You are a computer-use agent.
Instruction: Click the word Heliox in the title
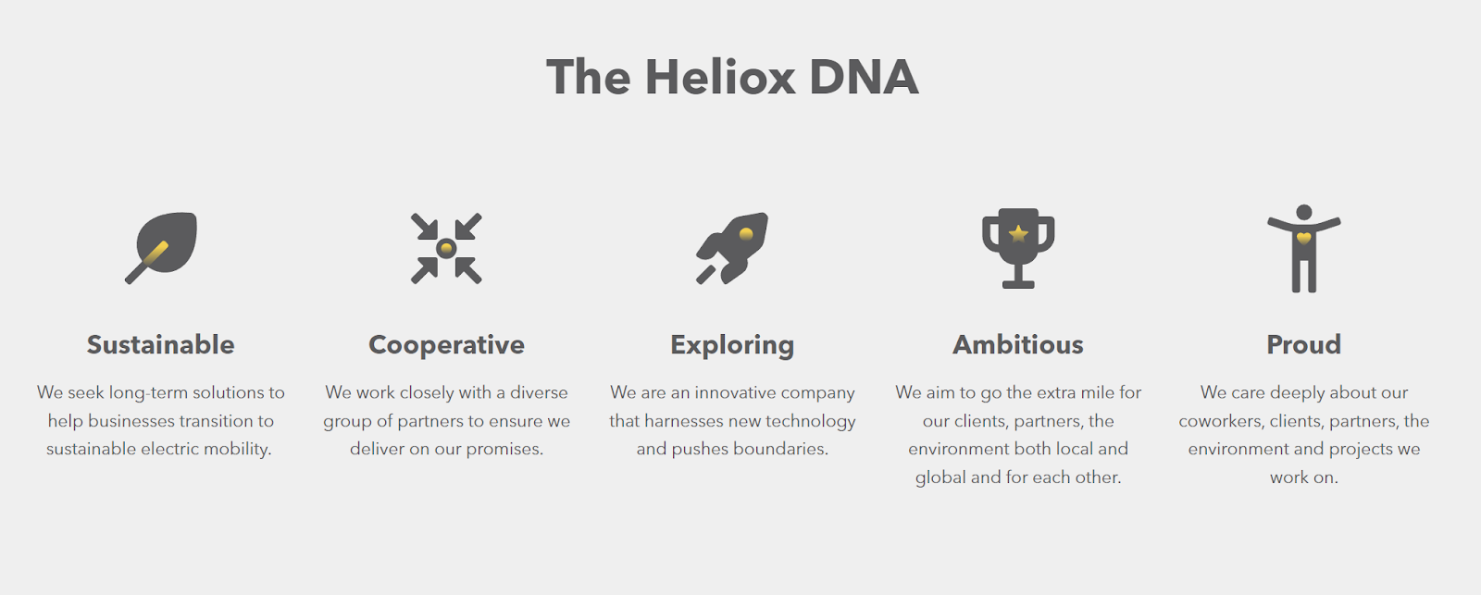point(720,77)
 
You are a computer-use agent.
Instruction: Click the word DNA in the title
point(864,77)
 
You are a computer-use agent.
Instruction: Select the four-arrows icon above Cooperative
point(446,249)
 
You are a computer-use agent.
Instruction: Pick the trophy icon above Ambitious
point(1018,249)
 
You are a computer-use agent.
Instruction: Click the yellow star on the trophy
point(1018,233)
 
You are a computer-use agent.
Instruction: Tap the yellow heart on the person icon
point(1304,238)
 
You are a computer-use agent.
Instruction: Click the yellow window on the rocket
point(746,233)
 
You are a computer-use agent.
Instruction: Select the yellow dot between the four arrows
point(446,249)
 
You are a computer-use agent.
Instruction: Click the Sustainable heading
point(161,344)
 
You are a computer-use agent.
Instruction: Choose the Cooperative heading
point(446,345)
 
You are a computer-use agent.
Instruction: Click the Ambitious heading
point(1018,344)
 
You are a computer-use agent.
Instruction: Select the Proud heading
point(1304,344)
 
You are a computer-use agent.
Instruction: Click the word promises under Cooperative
point(504,450)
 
